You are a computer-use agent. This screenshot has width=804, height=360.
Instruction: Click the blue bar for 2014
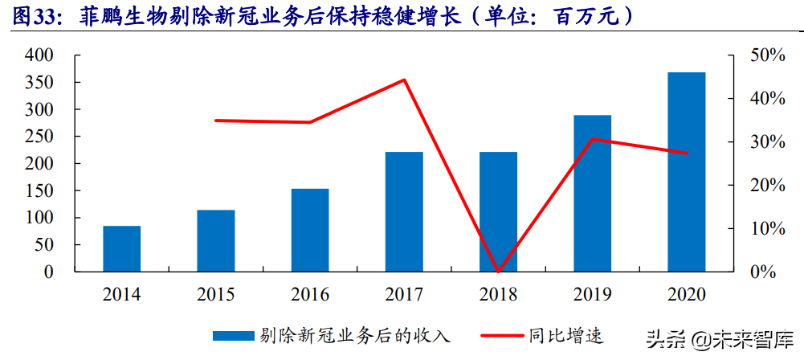pyautogui.click(x=121, y=248)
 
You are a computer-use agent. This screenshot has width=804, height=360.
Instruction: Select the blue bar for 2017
pyautogui.click(x=404, y=211)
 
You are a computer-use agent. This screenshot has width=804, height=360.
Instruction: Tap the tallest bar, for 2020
pyautogui.click(x=686, y=172)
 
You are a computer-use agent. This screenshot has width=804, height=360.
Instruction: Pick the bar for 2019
pyautogui.click(x=592, y=193)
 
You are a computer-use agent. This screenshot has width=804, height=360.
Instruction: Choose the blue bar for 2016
pyautogui.click(x=310, y=230)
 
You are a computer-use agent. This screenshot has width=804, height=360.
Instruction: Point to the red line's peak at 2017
pyautogui.click(x=404, y=80)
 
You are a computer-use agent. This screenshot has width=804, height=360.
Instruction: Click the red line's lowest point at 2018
pyautogui.click(x=498, y=271)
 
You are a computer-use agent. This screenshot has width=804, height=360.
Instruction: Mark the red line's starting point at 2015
pyautogui.click(x=216, y=121)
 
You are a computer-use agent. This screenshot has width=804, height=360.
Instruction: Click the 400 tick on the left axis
pyautogui.click(x=39, y=55)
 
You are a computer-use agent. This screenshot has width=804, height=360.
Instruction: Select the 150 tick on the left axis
pyautogui.click(x=39, y=190)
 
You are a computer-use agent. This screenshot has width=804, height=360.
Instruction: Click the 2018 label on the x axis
pyautogui.click(x=498, y=294)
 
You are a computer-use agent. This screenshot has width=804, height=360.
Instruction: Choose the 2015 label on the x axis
pyautogui.click(x=216, y=294)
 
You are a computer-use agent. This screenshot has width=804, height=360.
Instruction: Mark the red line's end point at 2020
pyautogui.click(x=686, y=153)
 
